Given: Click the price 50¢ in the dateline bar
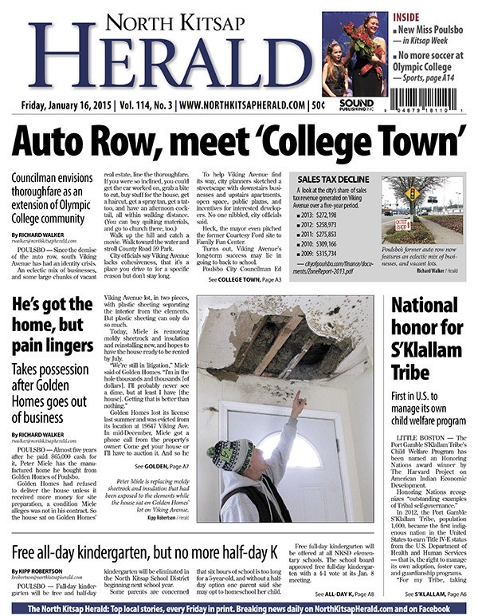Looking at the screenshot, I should click(318, 105).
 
